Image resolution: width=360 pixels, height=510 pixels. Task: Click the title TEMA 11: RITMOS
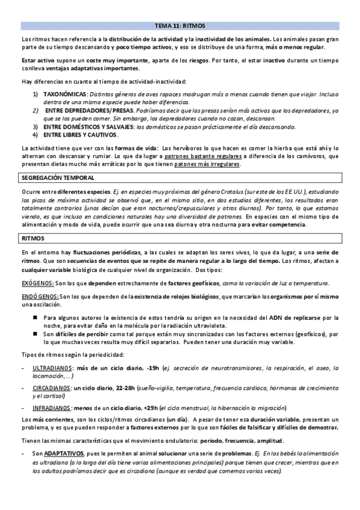pos(180,26)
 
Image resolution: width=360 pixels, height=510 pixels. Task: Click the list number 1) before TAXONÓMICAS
pos(35,94)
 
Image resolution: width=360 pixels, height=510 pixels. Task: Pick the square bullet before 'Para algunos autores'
pos(36,316)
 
